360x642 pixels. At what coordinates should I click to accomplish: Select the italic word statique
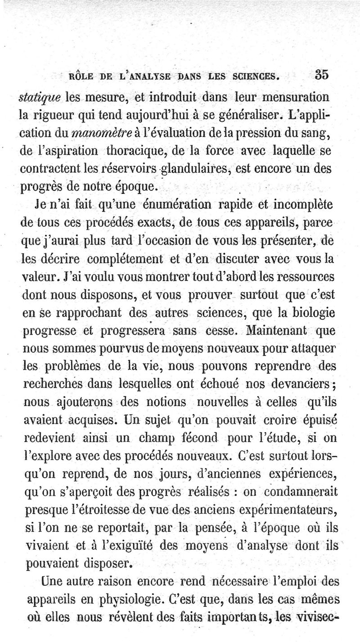click(x=40, y=97)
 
